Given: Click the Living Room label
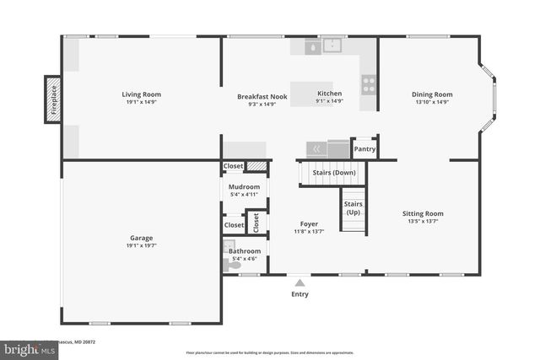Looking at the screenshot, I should [141, 94].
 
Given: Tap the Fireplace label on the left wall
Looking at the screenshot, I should [53, 99].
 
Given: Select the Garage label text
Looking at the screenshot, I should [141, 238].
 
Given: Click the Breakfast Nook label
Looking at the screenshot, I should [262, 96].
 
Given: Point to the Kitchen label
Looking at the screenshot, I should [329, 94].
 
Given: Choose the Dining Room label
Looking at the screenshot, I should [432, 94].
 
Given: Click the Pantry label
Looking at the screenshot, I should [364, 149].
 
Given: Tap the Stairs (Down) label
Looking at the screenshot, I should [333, 173].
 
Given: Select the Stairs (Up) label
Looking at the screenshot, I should [353, 208].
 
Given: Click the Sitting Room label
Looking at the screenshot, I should [422, 213].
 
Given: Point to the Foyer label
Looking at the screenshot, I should [309, 224].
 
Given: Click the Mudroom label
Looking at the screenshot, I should [245, 186].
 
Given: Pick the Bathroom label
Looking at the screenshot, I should [245, 250].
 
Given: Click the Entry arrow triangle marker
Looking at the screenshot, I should [300, 282].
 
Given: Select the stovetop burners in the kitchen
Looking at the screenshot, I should [369, 83].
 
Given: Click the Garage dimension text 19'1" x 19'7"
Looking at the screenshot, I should [141, 245].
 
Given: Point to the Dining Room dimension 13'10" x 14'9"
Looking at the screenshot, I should [432, 102].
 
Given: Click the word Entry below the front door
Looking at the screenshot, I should [300, 294].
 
